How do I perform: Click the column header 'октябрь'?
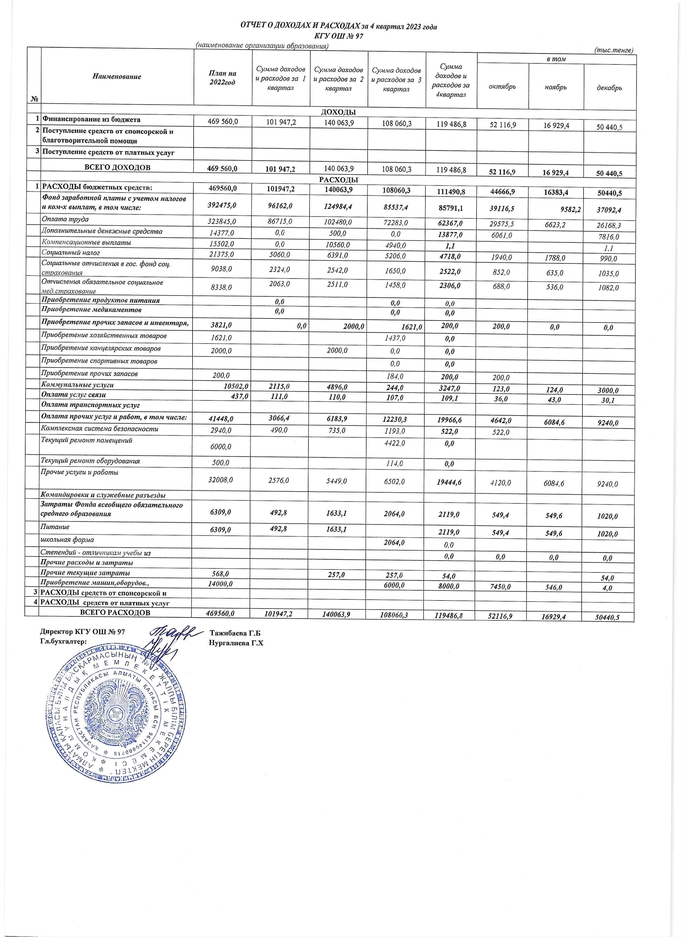[502, 87]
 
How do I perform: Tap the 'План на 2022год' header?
[222, 78]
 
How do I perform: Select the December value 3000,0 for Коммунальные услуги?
[608, 391]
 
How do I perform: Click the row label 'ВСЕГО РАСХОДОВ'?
[115, 613]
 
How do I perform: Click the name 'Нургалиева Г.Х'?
[237, 643]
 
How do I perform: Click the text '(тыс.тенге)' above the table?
[614, 50]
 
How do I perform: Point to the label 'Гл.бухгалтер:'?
[63, 641]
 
